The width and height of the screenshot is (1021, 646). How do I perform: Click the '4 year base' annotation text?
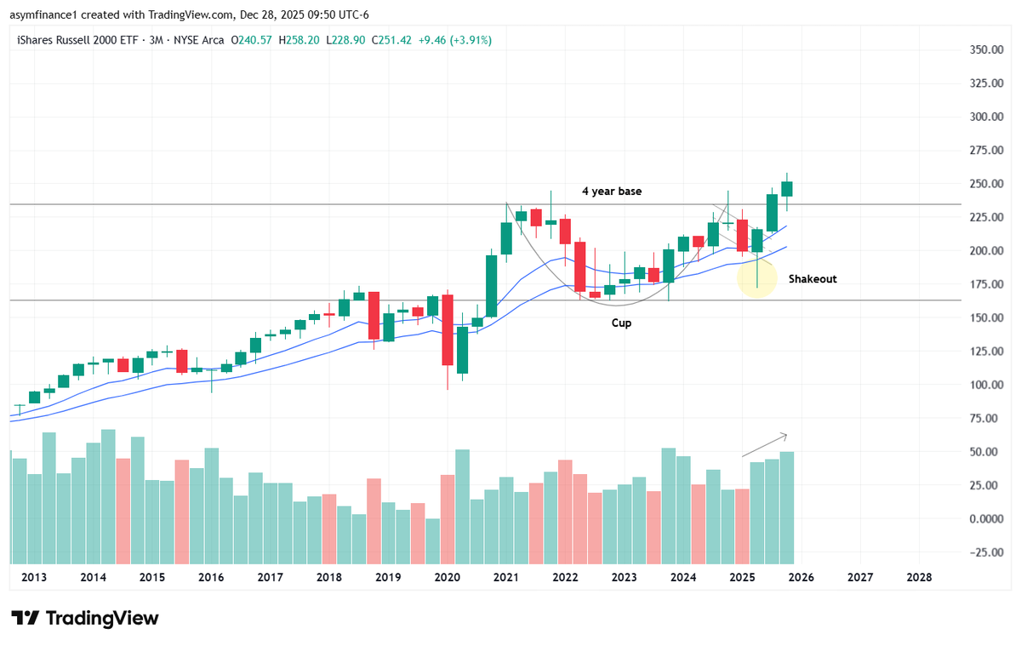pos(611,192)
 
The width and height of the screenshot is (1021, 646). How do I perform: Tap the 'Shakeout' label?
pos(812,279)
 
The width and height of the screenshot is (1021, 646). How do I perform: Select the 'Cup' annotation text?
pos(621,323)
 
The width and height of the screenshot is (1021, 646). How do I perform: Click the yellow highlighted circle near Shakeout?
pos(756,279)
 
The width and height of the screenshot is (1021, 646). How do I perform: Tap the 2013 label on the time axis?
pos(33,577)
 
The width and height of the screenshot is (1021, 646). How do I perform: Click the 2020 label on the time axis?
pos(447,577)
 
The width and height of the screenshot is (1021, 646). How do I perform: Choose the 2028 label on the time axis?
pos(919,577)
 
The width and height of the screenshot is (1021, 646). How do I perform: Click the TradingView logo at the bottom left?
pos(85,618)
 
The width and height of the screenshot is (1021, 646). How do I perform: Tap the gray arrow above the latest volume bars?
pos(765,444)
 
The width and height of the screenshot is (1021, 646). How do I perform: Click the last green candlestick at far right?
pos(787,189)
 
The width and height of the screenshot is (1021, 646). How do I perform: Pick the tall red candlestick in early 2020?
pos(447,329)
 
